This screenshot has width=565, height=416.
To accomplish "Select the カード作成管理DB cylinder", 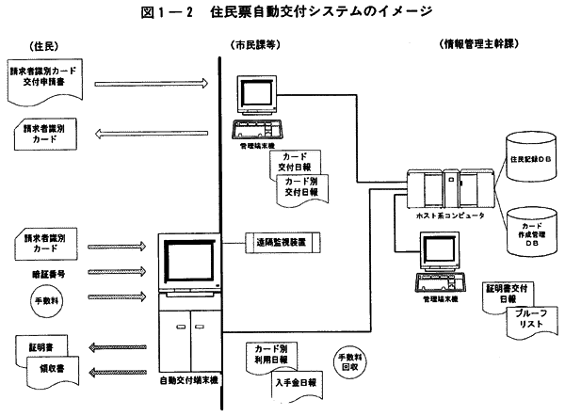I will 527,232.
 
